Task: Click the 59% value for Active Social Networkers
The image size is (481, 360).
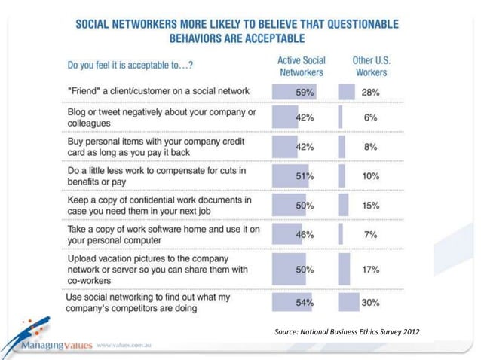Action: tap(305, 93)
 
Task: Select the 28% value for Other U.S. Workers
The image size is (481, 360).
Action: tap(369, 93)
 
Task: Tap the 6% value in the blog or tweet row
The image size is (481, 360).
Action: tap(369, 119)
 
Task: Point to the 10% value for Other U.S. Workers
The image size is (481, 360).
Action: tap(369, 176)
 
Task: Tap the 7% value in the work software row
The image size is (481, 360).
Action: tap(369, 236)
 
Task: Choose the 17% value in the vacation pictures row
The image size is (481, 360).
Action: tap(369, 269)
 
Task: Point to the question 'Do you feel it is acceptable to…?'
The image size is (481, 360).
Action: tap(130, 66)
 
